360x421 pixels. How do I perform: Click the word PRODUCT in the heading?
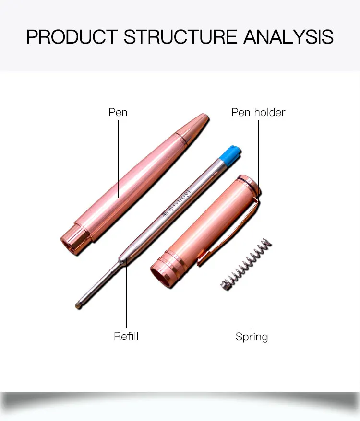72,37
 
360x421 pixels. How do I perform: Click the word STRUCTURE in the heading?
180,37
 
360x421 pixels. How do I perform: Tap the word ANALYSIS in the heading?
288,37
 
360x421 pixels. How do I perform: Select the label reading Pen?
118,112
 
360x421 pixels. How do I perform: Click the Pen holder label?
258,112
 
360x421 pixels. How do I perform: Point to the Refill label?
126,336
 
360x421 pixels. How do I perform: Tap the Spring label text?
252,337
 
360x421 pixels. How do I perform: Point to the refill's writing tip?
79,304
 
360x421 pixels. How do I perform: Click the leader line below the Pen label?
119,158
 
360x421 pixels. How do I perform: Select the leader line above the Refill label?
126,297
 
